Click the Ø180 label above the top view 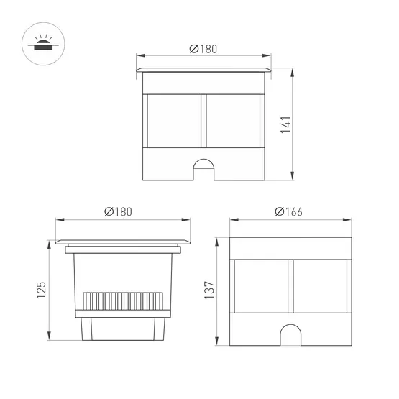[x=203, y=49]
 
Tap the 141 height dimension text [x=285, y=124]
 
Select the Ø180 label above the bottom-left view [x=118, y=211]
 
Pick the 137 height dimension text [x=210, y=289]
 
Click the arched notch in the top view [x=204, y=168]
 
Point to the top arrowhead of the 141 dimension [x=293, y=73]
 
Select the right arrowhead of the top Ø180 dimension [x=268, y=56]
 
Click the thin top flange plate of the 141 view [x=204, y=70]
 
